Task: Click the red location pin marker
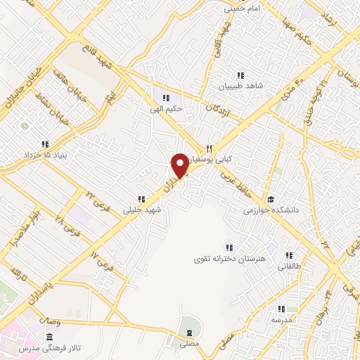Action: [181, 165]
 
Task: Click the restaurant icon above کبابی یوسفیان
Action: [209, 148]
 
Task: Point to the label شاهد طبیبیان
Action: [240, 86]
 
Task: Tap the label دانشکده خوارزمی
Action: [271, 210]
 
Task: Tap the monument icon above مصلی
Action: [188, 332]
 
